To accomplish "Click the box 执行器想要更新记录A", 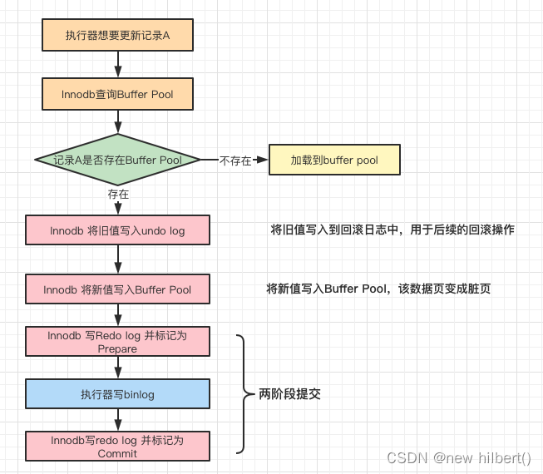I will tap(117, 37).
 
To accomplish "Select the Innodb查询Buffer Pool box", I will tap(117, 94).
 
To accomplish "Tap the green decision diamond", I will tap(117, 159).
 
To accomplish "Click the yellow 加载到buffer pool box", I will tap(333, 160).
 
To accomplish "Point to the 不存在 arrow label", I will tap(235, 160).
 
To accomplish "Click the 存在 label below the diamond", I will tap(118, 194).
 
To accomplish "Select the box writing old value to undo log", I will tap(117, 230).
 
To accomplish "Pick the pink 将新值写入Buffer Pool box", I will tap(117, 289).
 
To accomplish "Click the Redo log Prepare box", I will tap(117, 342).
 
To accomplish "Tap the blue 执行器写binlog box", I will tap(117, 393).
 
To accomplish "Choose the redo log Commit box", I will tap(117, 446).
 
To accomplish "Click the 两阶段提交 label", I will tap(289, 394).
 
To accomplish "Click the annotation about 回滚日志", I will tap(392, 230).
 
